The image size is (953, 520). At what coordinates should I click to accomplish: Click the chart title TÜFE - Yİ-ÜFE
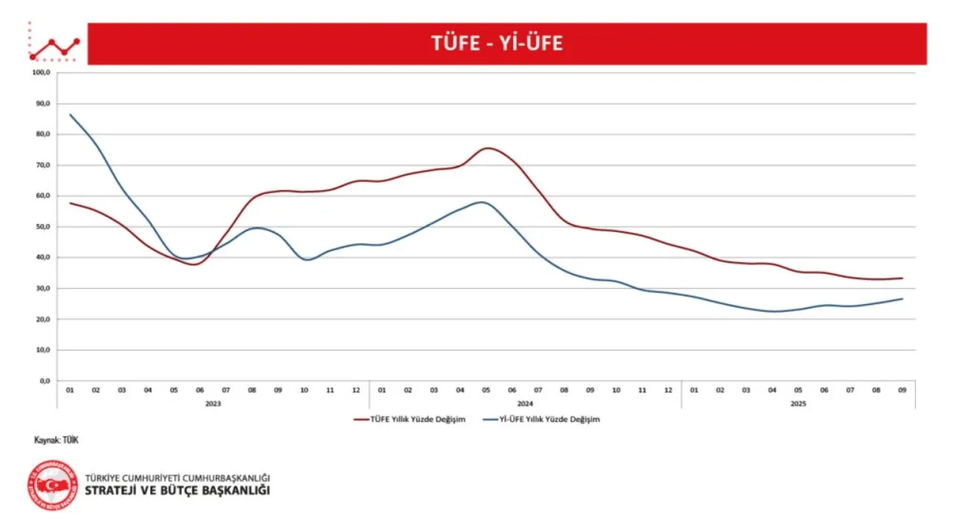(497, 44)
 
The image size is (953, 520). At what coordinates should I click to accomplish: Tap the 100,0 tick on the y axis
(40, 73)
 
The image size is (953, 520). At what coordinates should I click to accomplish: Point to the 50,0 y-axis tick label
(41, 226)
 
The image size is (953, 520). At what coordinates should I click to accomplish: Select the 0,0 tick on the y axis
(43, 381)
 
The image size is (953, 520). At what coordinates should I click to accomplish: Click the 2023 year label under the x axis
(213, 403)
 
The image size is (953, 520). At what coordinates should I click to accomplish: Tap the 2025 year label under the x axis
(798, 403)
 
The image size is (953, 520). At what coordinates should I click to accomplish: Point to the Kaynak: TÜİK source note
(56, 440)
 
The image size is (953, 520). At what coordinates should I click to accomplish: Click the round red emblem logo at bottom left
(53, 485)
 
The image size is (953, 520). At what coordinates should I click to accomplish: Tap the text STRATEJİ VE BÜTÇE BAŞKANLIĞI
(178, 490)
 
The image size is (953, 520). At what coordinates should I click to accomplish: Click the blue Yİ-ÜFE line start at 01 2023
(70, 115)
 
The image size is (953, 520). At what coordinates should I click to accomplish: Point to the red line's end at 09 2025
(902, 279)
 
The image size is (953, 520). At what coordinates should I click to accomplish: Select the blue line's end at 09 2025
(902, 299)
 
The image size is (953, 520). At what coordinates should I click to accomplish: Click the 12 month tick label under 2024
(668, 390)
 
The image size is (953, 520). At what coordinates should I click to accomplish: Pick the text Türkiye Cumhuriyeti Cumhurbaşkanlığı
(177, 477)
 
